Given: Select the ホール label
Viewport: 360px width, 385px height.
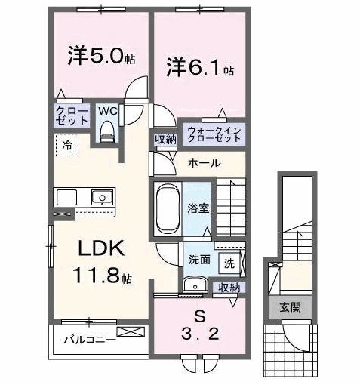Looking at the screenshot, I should [204, 162].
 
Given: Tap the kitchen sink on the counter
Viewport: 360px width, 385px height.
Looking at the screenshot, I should [99, 198].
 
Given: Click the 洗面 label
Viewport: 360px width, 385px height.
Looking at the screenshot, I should [198, 260].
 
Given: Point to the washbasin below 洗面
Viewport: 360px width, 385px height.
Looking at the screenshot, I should [195, 285].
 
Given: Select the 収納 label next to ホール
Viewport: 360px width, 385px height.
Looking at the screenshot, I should [165, 140].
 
